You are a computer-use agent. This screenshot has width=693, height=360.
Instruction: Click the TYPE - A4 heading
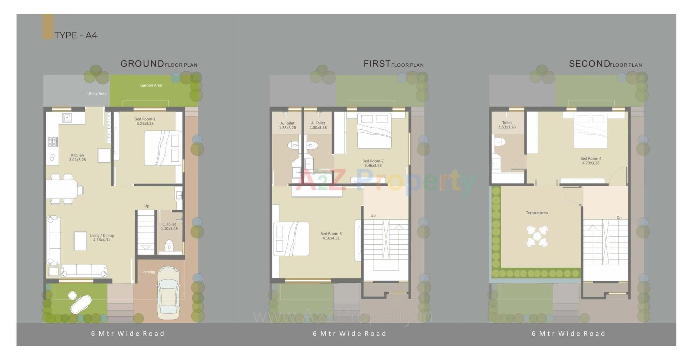click(x=76, y=35)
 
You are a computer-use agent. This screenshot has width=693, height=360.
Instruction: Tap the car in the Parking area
click(x=168, y=292)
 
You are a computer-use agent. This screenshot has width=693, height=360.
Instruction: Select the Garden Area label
click(x=151, y=85)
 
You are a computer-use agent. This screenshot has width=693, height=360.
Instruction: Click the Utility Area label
click(x=97, y=93)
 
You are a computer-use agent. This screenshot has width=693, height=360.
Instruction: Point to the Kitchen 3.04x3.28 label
click(x=77, y=158)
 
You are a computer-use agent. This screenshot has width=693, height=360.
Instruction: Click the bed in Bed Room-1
click(x=162, y=148)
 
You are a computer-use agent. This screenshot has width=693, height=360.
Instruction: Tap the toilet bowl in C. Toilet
click(x=169, y=247)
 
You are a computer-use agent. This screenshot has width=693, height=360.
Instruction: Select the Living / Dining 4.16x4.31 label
click(x=101, y=238)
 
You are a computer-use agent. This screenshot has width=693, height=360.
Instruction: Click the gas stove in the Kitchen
click(x=53, y=141)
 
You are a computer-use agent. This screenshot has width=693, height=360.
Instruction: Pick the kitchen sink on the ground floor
click(x=67, y=118)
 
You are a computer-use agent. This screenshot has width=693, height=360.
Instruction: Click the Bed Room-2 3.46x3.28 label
click(x=373, y=163)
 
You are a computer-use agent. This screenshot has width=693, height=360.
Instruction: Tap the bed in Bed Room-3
click(x=291, y=239)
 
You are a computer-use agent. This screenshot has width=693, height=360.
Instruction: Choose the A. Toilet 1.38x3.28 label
click(x=287, y=126)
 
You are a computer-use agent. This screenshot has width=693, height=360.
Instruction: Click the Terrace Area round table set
click(x=537, y=236)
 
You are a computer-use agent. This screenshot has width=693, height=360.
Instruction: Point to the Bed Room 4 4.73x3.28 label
click(x=590, y=161)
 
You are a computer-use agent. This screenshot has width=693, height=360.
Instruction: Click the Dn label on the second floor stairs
click(x=619, y=218)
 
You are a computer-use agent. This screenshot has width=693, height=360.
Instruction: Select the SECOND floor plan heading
click(x=605, y=64)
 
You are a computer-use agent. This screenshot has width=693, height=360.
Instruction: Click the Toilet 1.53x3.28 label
click(x=507, y=125)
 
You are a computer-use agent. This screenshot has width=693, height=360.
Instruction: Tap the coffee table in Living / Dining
click(x=80, y=241)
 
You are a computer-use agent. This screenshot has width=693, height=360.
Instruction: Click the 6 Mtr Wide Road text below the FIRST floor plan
click(x=349, y=334)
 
